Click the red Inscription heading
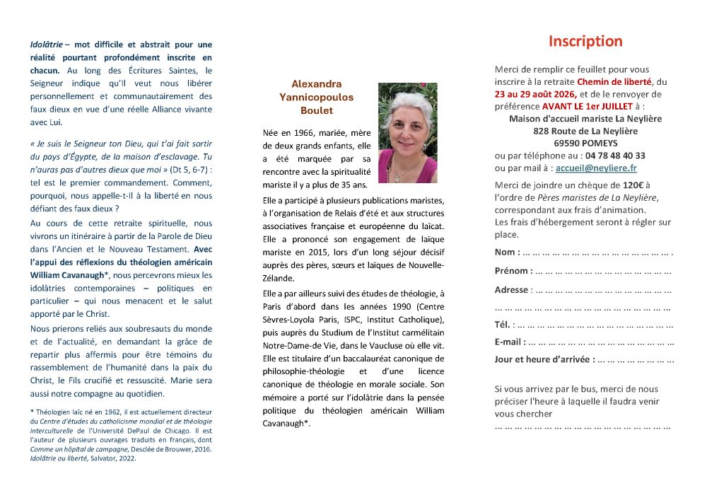tap(585, 41)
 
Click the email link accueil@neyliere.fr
tap(596, 168)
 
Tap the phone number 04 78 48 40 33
tap(615, 156)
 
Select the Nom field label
tap(507, 252)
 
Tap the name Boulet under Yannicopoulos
tap(317, 110)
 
